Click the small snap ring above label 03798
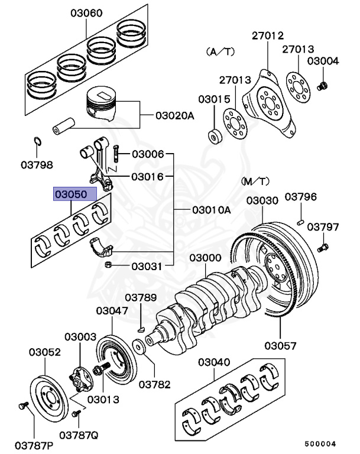point(37,142)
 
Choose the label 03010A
point(211,210)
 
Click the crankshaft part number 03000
point(206,258)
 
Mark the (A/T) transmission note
point(220,51)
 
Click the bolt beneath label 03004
point(322,86)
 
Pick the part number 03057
point(280,345)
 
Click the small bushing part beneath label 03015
point(215,137)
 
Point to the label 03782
point(155,384)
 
